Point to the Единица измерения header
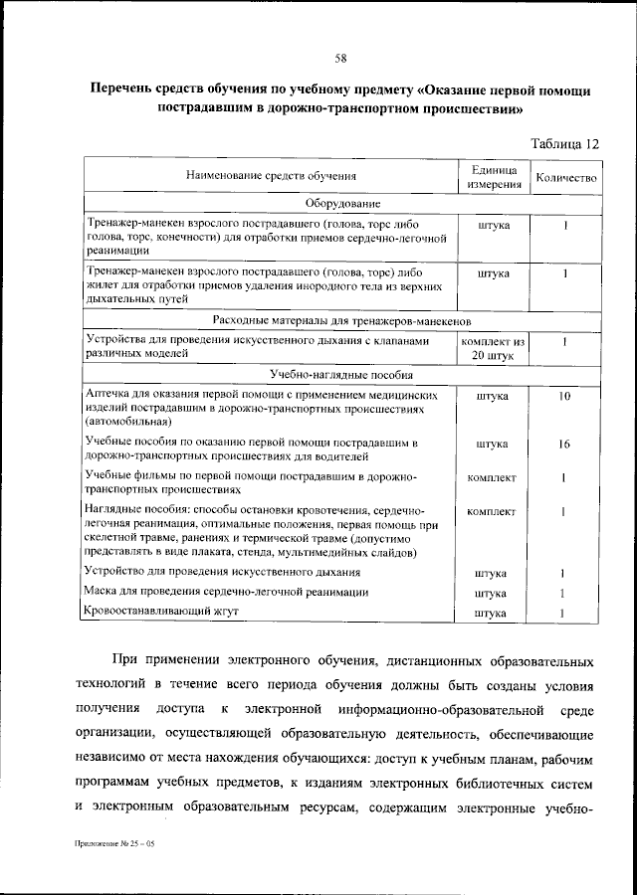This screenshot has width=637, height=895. [493, 177]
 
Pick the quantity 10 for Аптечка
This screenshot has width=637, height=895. [564, 396]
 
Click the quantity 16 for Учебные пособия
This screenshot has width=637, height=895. [564, 444]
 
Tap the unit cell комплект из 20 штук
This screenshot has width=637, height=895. [493, 347]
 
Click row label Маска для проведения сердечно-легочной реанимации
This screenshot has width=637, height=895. [220, 593]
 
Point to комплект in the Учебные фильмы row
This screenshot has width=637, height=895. [492, 477]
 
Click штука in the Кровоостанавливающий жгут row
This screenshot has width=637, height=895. [492, 613]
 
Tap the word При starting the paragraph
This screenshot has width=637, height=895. [129, 660]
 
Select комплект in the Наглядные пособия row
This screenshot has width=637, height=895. [492, 511]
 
